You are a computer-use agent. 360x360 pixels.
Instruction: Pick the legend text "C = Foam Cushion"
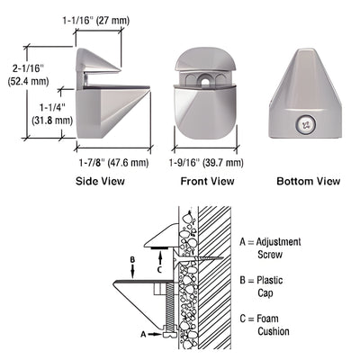[269, 324]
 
